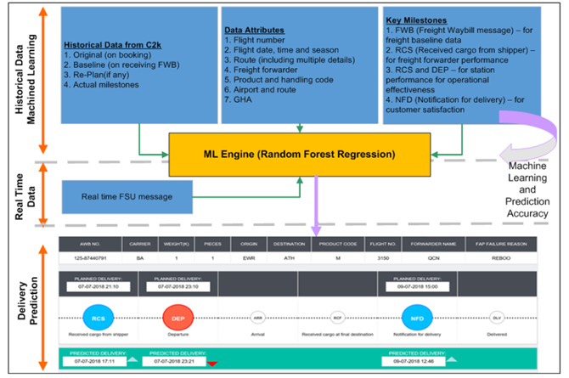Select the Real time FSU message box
pyautogui.click(x=127, y=197)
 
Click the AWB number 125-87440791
pyautogui.click(x=93, y=256)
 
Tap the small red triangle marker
pyautogui.click(x=212, y=364)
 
